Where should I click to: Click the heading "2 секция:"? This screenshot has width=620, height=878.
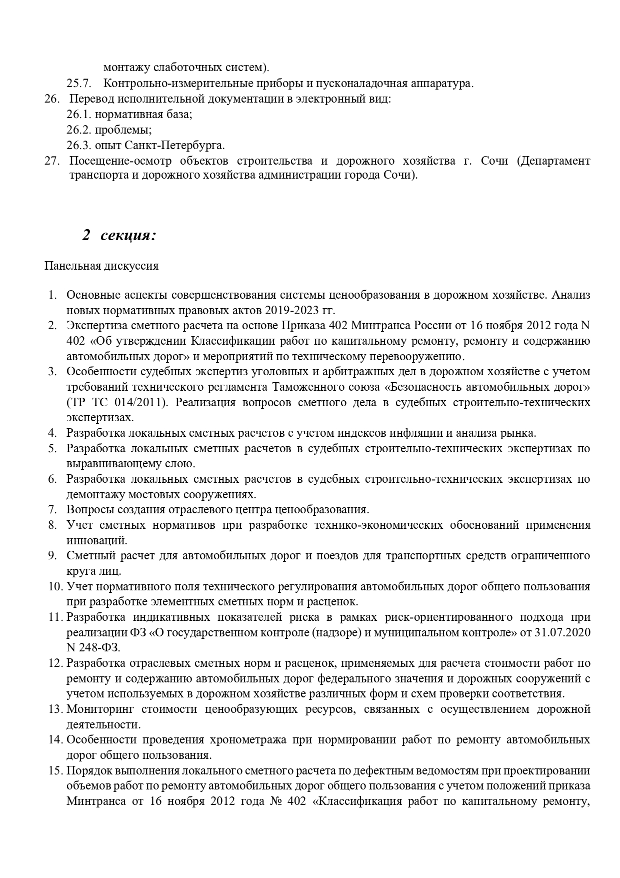point(119,235)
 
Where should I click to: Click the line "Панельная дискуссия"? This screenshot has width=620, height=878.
point(101,266)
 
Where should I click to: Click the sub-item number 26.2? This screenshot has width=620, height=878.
point(78,130)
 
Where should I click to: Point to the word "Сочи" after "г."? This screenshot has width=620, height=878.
point(494,161)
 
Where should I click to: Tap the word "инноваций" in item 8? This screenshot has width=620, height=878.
point(96,541)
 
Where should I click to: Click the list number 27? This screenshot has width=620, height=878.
point(52,161)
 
